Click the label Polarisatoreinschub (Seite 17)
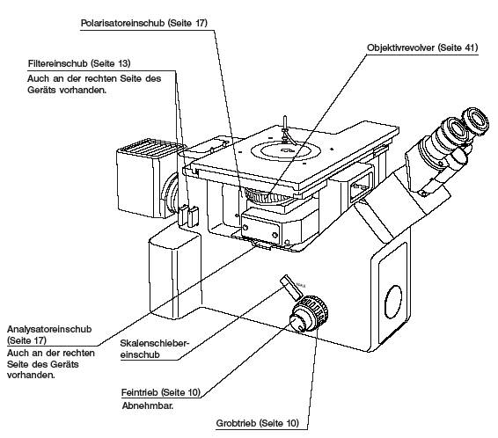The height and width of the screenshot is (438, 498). pos(144,23)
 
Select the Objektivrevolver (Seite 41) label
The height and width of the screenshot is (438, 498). pos(422,47)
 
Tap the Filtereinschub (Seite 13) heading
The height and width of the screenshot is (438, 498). pos(79,63)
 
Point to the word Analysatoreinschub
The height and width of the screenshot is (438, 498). pos(49,329)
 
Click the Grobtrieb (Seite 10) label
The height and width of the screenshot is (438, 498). pos(258,423)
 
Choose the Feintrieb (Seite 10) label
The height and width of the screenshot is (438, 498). pos(161,392)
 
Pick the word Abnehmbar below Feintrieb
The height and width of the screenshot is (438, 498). pos(148,405)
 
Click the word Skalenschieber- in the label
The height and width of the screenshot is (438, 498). pos(155,343)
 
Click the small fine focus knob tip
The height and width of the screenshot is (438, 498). pos(298,323)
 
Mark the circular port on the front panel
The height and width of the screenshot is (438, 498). pos(393,302)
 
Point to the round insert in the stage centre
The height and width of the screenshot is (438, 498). pos(285,150)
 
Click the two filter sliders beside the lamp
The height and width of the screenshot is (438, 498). pos(188,215)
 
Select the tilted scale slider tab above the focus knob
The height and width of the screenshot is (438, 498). pos(291,288)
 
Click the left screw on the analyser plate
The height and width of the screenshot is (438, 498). pos(245,228)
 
